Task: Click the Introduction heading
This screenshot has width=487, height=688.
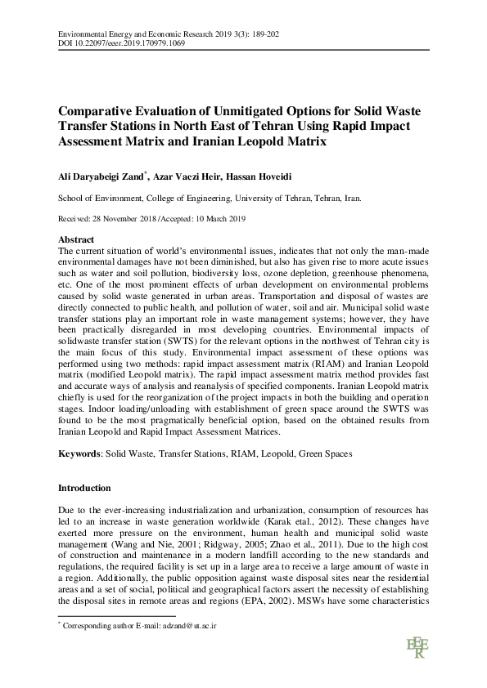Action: point(84,488)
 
